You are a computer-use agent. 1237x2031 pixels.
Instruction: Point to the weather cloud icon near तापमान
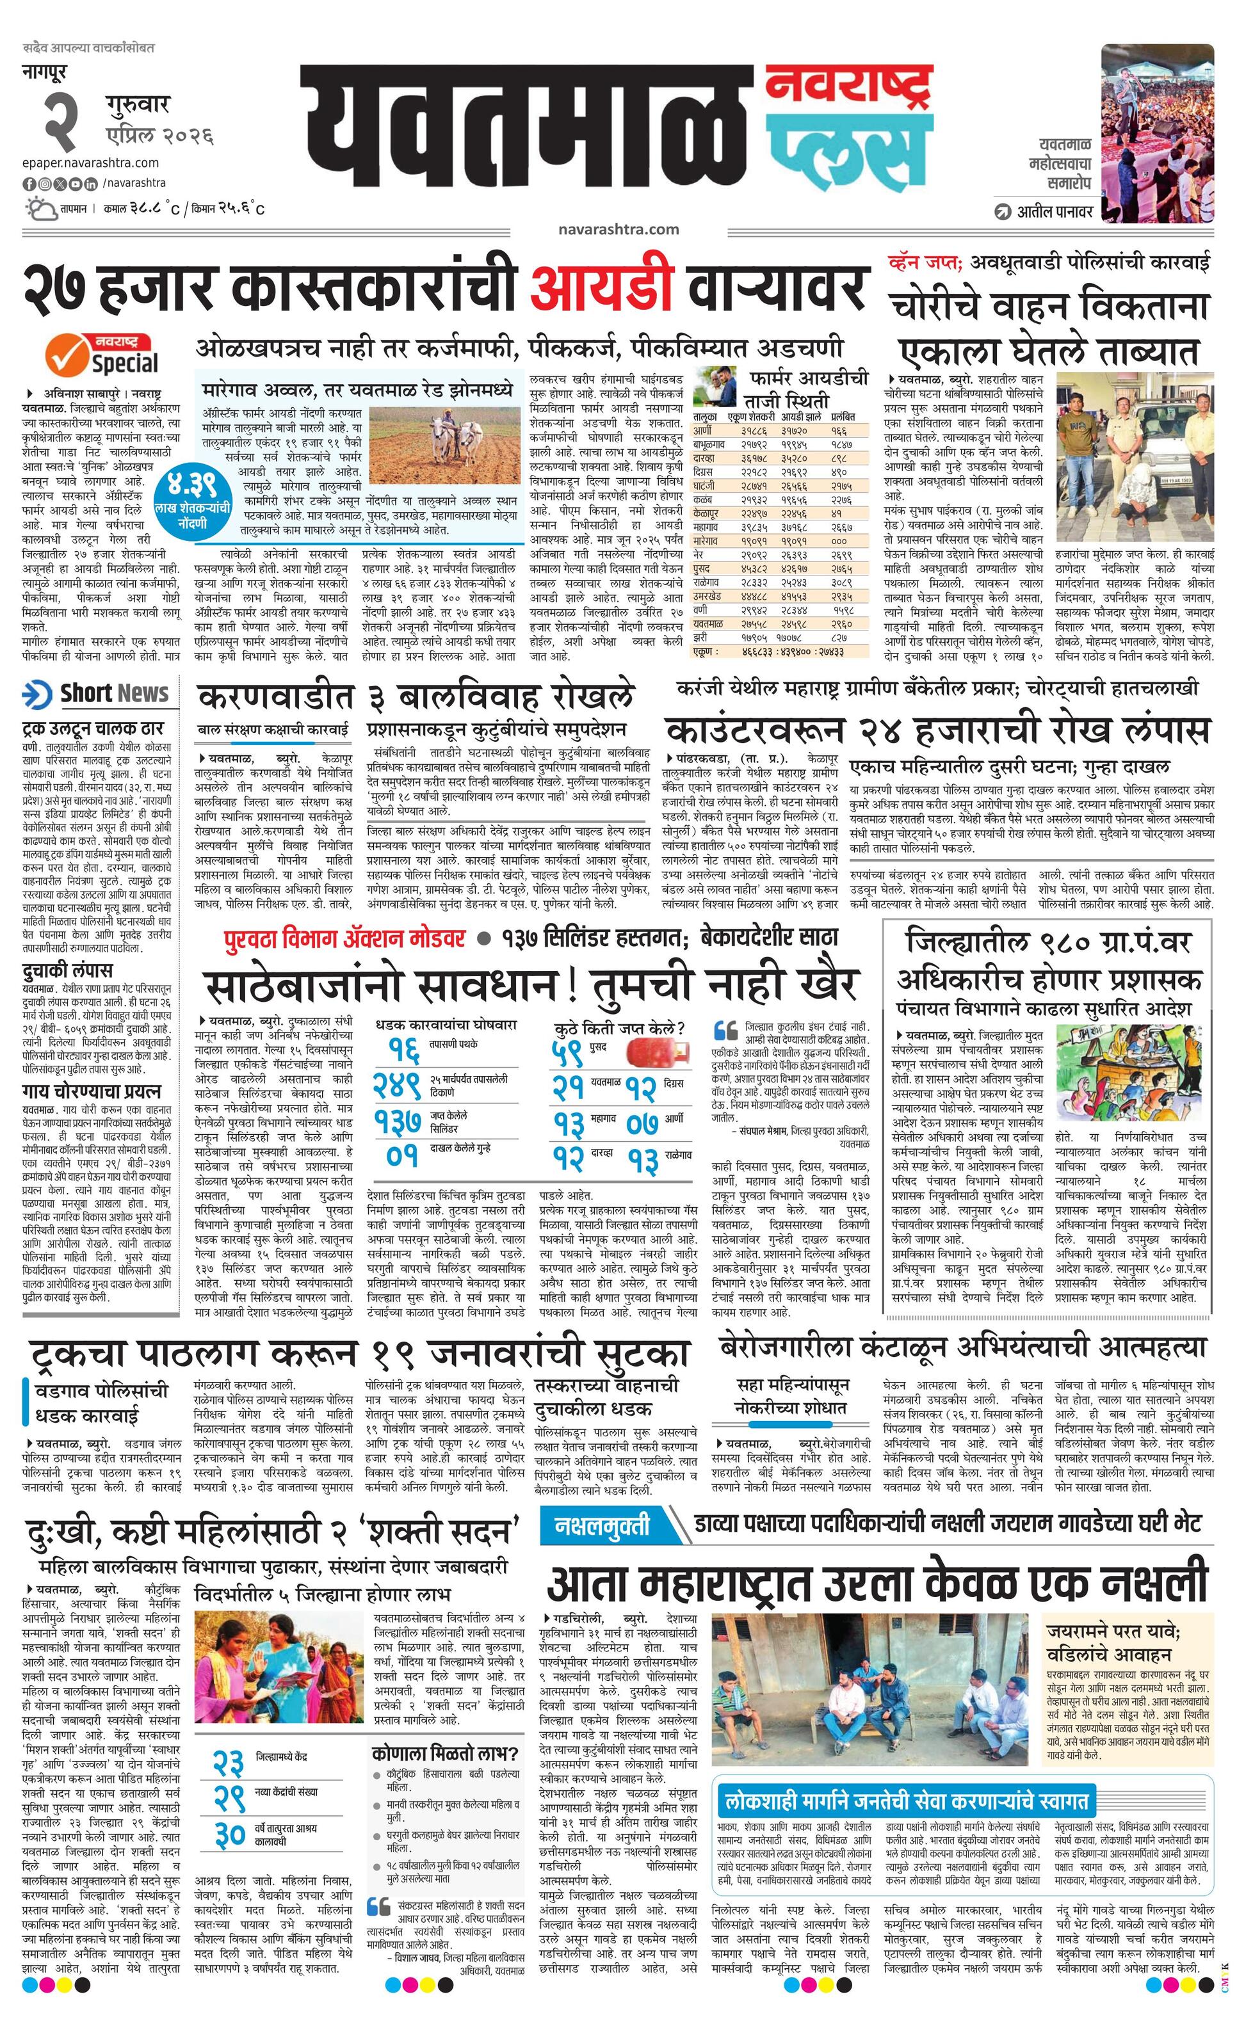click(x=40, y=208)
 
